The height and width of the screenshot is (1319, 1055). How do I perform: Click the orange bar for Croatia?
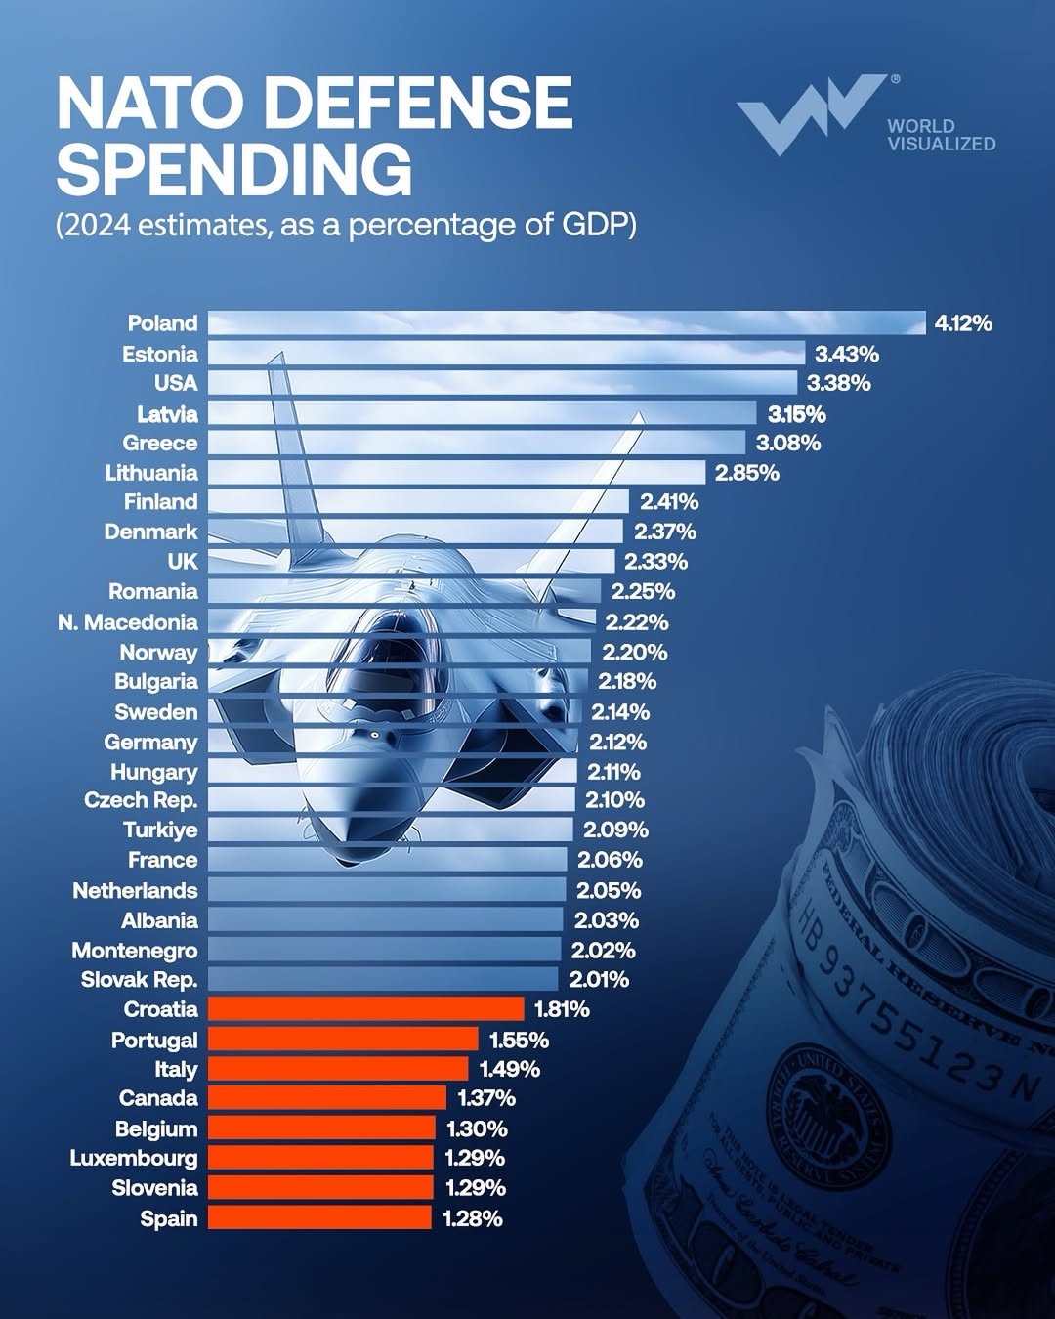366,1009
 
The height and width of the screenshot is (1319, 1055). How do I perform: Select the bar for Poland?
567,323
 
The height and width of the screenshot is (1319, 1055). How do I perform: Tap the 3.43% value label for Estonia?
847,354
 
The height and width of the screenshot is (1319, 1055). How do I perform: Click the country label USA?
176,383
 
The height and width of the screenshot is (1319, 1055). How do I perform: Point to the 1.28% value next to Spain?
473,1218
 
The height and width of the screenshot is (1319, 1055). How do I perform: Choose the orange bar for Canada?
327,1098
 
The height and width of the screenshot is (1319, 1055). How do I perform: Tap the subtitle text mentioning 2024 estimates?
346,225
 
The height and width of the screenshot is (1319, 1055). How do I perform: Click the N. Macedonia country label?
128,622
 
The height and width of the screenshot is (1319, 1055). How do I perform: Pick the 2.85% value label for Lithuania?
747,473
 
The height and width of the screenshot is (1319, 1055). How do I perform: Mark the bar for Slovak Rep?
383,979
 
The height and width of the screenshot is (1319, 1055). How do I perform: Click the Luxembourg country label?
134,1158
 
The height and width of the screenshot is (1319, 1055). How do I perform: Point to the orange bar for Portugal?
343,1040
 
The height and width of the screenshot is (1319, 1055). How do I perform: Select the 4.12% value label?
963,323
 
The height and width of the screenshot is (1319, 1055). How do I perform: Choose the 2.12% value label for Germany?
617,743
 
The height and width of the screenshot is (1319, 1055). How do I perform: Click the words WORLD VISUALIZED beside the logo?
941,135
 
